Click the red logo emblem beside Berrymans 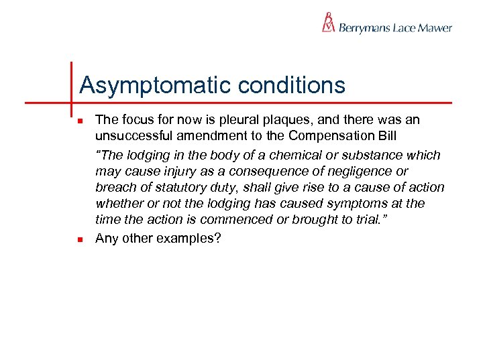[328, 22]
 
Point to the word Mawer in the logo [435, 28]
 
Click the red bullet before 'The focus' [80, 121]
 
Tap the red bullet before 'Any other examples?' [80, 239]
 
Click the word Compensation [337, 137]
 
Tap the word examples [184, 239]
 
